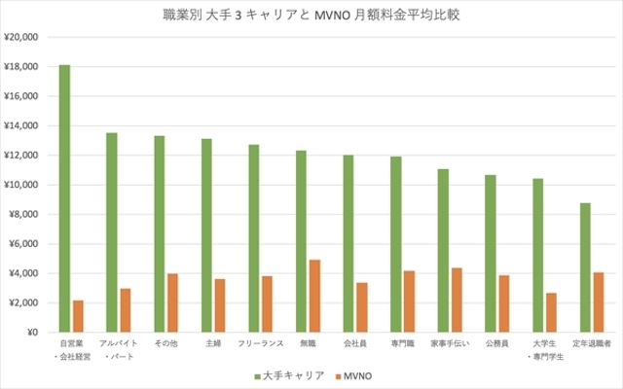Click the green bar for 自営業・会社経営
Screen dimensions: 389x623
(x=64, y=198)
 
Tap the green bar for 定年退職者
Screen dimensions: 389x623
(x=585, y=267)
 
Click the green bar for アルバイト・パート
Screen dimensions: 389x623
(x=112, y=232)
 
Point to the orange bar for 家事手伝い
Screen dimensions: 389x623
(x=457, y=300)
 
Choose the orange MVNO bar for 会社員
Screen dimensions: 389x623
(x=362, y=307)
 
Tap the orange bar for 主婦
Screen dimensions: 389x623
(x=220, y=305)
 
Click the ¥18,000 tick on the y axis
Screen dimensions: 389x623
(x=20, y=67)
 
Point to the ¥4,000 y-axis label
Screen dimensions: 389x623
(x=22, y=273)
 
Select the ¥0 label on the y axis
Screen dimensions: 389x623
(x=29, y=333)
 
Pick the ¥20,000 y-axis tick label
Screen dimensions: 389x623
(x=20, y=37)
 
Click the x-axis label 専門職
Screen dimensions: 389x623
(x=402, y=343)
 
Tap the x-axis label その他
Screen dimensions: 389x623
(x=165, y=343)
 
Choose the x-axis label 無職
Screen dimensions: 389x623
(x=308, y=343)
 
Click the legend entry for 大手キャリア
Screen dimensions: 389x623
(x=283, y=374)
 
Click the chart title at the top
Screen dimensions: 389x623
(x=311, y=15)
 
